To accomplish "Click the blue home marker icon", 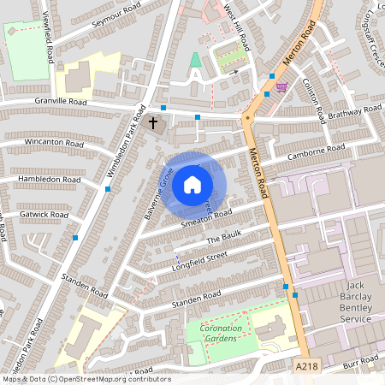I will point(192,184).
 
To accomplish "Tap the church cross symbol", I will point(154,123).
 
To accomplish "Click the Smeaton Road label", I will point(206,219).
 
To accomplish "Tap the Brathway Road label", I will point(353,111).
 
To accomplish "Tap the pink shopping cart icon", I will point(281,87).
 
